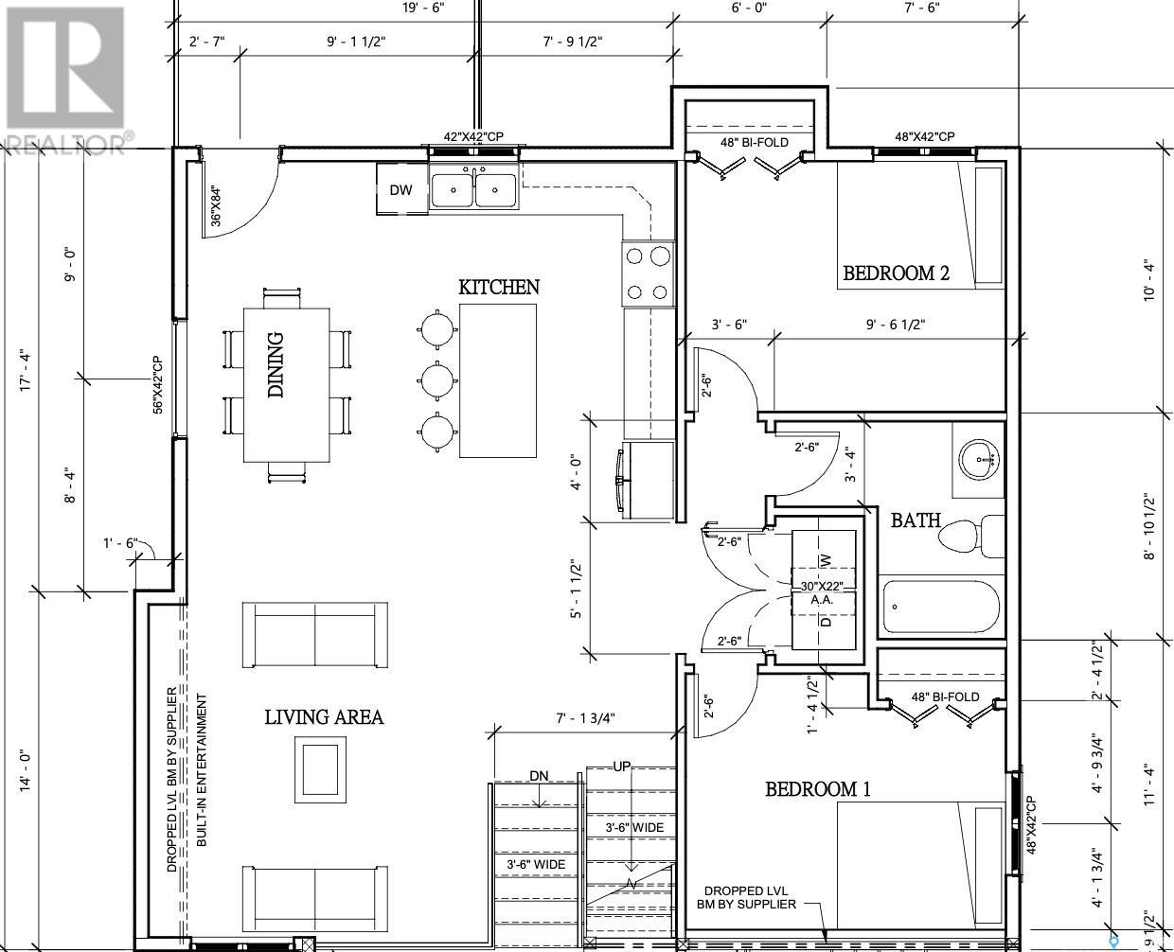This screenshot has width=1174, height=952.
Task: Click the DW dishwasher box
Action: [402, 189]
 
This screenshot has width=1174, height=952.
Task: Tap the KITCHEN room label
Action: [499, 287]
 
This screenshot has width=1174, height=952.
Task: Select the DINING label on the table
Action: [276, 364]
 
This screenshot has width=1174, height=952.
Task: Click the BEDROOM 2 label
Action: [897, 273]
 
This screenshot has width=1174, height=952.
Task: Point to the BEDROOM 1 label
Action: [818, 789]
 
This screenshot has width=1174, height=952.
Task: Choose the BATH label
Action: [916, 520]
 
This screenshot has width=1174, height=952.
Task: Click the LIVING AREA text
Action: [324, 717]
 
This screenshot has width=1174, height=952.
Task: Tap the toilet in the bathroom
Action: [971, 537]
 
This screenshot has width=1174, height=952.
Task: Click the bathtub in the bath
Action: [941, 608]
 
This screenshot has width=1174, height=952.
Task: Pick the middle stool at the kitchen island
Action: [437, 380]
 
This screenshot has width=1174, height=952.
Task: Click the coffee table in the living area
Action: [320, 769]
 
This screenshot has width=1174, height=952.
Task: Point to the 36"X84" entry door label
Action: [216, 206]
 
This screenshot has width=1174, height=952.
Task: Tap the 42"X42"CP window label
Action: [473, 136]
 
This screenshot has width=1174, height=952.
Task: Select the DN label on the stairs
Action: [539, 776]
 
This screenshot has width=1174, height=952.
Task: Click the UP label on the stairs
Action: [622, 767]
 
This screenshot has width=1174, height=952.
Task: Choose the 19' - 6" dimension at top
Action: [423, 8]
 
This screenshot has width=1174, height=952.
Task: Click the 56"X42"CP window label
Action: [158, 384]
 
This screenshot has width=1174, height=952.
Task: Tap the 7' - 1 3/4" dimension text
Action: [585, 718]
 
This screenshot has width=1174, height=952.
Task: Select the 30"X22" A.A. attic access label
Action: [822, 592]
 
